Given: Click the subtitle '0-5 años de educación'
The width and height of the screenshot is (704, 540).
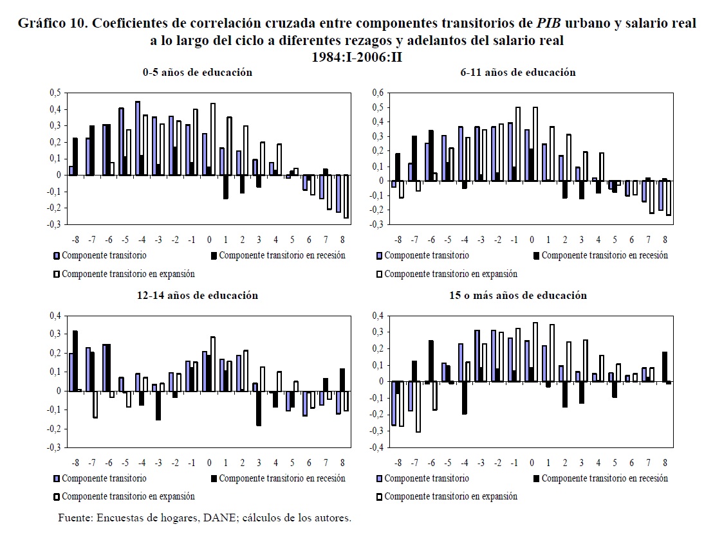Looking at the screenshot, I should (197, 73).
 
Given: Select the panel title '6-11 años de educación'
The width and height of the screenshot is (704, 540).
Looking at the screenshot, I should (517, 73).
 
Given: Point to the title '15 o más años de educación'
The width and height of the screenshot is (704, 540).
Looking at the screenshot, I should (517, 296).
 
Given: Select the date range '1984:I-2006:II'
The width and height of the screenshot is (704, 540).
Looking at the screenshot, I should (357, 57).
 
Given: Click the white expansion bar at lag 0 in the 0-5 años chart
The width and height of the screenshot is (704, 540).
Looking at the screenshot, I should (213, 139).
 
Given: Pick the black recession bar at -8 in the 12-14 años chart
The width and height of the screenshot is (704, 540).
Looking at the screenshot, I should (75, 361).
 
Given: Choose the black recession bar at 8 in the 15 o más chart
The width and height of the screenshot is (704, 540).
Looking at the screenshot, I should (663, 366).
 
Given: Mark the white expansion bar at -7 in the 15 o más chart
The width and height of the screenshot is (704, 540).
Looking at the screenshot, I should (418, 406).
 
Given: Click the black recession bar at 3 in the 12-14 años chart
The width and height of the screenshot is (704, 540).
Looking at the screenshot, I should (259, 408).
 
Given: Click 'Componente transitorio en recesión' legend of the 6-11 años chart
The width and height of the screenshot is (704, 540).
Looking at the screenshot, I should (604, 256).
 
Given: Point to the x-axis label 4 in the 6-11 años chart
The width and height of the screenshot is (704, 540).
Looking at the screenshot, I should (598, 239).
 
